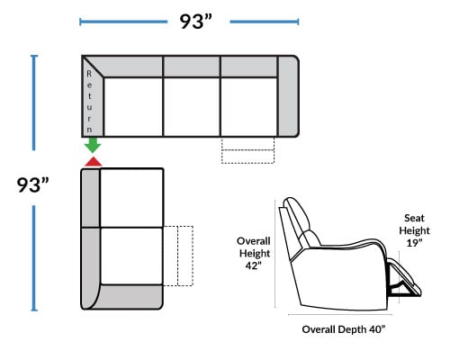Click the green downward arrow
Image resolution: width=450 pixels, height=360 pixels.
click(x=93, y=145)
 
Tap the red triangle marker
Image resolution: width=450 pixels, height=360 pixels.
click(x=93, y=161)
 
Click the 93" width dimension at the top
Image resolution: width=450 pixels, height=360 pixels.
click(x=195, y=22)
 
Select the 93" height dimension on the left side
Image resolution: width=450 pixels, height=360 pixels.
click(x=32, y=184)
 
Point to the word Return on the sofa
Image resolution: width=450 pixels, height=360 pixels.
click(x=89, y=102)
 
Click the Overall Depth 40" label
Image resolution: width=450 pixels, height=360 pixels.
click(x=343, y=329)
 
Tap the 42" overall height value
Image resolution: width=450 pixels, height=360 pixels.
click(x=254, y=265)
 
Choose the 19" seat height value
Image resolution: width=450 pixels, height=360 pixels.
click(x=414, y=243)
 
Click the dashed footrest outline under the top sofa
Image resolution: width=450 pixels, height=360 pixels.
click(x=247, y=150)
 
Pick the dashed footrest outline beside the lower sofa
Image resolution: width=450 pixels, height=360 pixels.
click(x=178, y=256)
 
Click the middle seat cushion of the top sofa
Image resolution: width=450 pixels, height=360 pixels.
click(x=192, y=107)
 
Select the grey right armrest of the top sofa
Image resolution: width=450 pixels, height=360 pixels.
click(x=288, y=96)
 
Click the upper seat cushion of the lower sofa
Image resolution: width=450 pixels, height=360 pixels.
click(x=131, y=198)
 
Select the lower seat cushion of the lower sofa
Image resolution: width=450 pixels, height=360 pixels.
click(x=131, y=256)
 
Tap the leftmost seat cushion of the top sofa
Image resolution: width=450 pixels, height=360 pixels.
click(x=133, y=107)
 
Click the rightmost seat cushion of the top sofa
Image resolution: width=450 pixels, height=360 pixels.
click(x=249, y=107)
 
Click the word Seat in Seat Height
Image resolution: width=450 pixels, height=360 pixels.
click(x=414, y=218)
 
